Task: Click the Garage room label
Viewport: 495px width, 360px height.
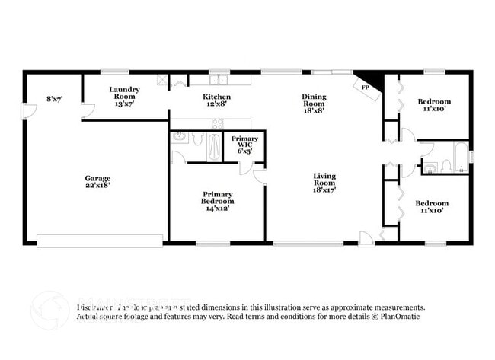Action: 97,179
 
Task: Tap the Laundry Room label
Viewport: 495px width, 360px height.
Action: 123,93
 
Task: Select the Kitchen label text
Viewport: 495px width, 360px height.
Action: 216,97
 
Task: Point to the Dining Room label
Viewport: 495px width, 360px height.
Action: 314,97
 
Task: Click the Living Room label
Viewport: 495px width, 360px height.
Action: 324,179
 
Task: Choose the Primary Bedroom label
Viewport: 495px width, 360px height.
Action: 218,197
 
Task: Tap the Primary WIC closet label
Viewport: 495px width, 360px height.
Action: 244,140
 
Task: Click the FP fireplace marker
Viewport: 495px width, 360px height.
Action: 365,88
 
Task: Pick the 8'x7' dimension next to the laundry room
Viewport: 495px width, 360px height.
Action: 54,97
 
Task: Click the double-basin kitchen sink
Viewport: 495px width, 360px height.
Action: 219,78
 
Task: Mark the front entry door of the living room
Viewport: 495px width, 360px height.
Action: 367,237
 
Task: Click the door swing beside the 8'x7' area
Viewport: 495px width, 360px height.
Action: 31,112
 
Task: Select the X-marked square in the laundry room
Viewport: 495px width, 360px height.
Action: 161,78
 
